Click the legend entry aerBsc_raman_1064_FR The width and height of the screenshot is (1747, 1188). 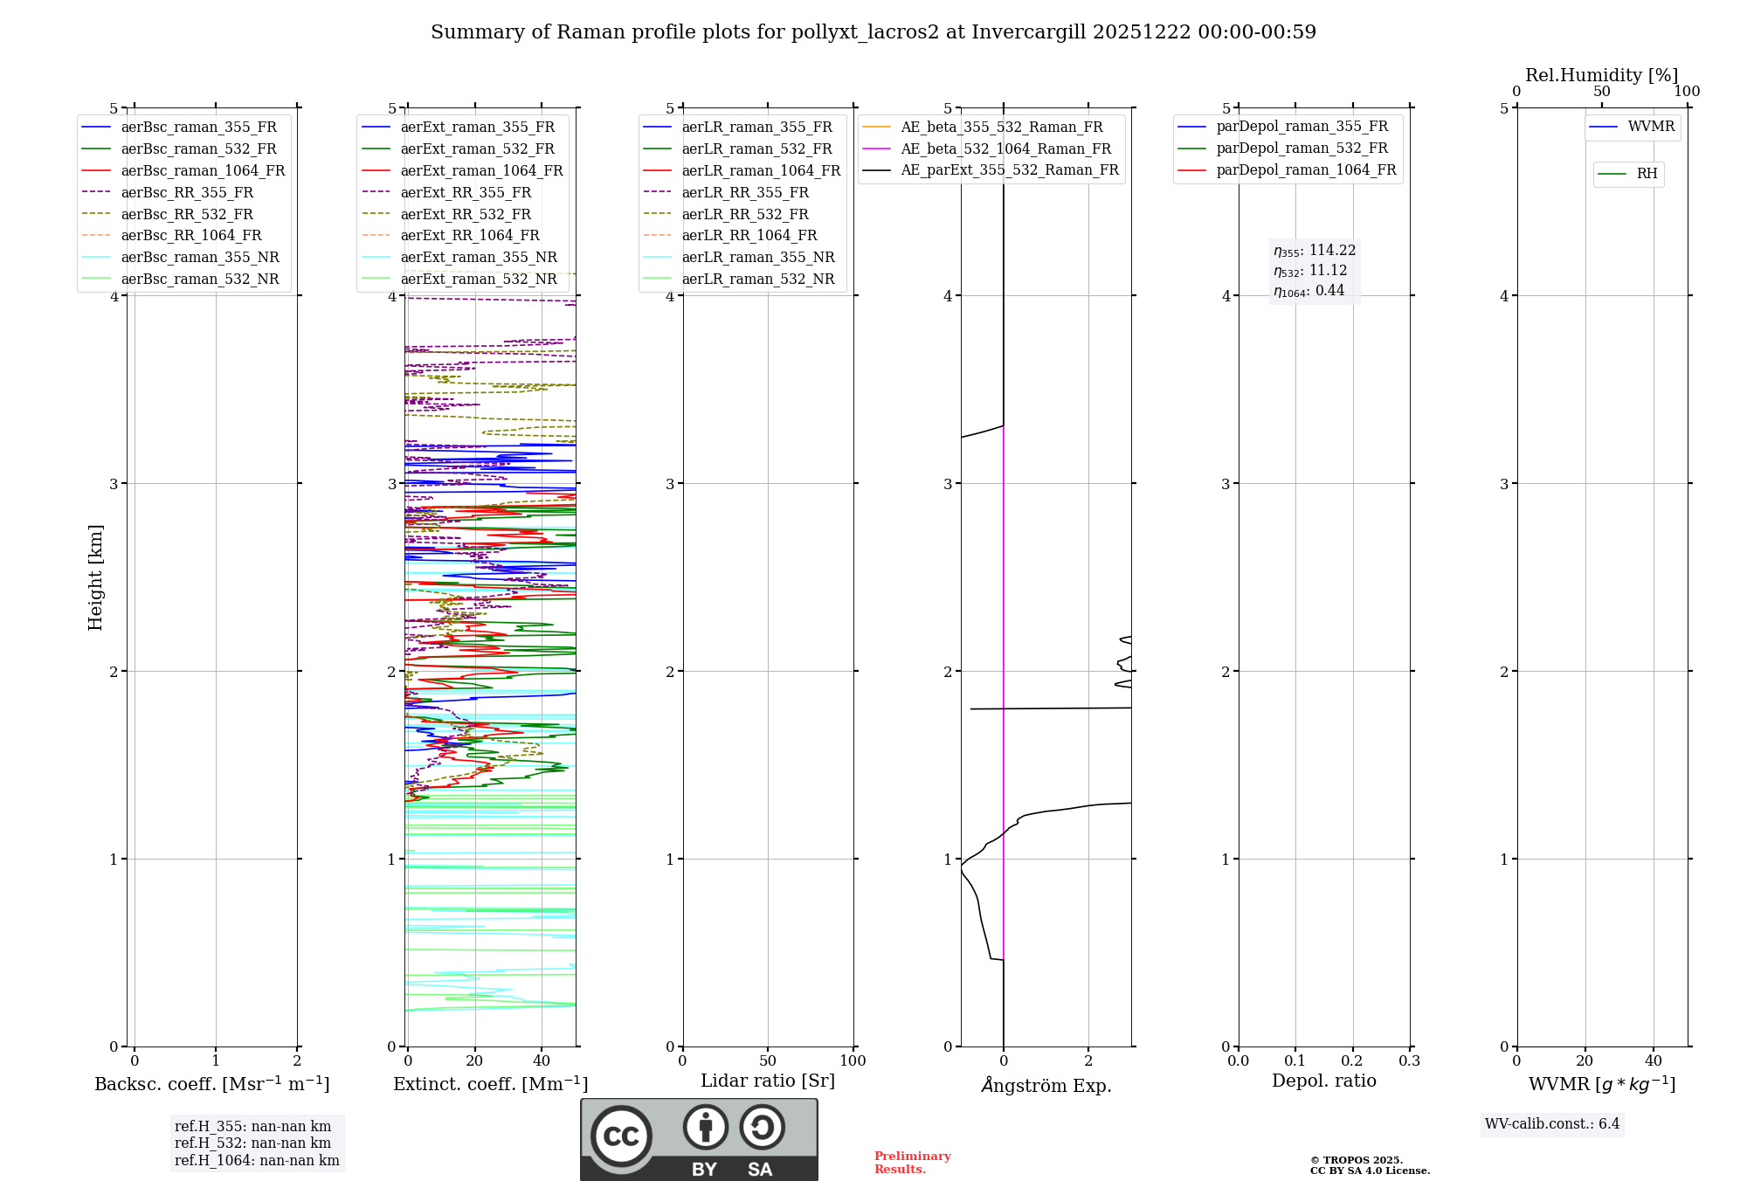(203, 170)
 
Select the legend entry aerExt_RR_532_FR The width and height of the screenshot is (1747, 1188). (466, 214)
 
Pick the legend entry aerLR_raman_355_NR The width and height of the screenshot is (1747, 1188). (757, 257)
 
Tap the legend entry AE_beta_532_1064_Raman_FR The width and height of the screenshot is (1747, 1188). (1005, 148)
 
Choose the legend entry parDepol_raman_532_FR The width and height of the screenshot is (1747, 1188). (1302, 148)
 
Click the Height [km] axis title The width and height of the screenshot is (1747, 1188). (95, 577)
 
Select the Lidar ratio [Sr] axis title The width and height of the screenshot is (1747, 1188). (768, 1081)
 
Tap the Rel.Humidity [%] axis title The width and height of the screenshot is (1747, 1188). (1601, 75)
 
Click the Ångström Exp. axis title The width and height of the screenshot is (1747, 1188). (1046, 1086)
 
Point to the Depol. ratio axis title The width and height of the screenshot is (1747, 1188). (1323, 1081)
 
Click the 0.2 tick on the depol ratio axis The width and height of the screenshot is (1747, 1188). (1352, 1060)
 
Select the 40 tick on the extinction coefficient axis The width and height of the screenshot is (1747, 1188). (542, 1060)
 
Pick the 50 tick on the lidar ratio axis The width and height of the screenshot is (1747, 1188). (768, 1060)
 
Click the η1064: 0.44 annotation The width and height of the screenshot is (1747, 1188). (1309, 291)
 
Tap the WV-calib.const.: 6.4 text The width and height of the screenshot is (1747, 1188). (1552, 1123)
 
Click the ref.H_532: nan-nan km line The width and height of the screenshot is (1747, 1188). (252, 1143)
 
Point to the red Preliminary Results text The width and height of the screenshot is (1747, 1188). (912, 1163)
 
